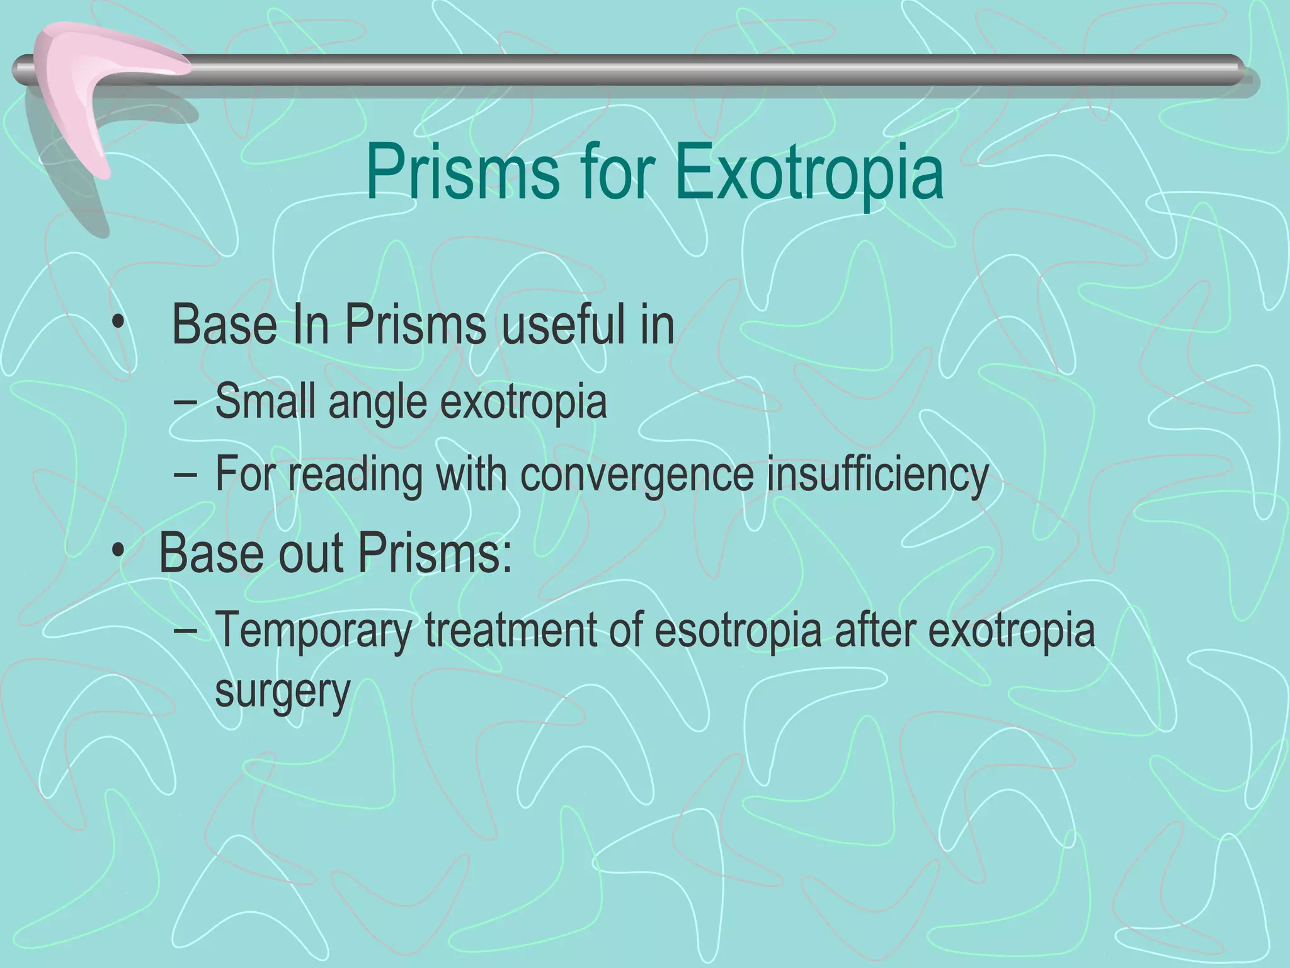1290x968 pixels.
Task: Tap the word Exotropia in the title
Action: pyautogui.click(x=809, y=172)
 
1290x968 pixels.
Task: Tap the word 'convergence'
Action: pyautogui.click(x=636, y=476)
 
